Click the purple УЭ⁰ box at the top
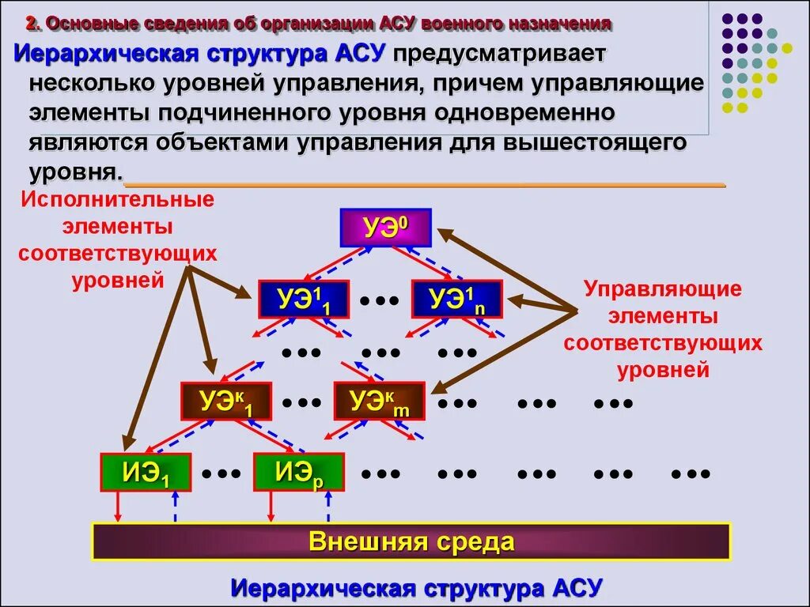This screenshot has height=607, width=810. click(385, 228)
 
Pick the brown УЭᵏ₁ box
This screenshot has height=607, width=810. click(226, 402)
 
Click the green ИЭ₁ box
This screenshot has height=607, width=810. click(146, 472)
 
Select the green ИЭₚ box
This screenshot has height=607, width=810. click(299, 472)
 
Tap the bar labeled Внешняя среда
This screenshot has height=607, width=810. click(411, 542)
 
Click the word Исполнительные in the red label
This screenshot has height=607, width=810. click(118, 198)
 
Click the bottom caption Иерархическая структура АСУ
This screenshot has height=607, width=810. click(417, 588)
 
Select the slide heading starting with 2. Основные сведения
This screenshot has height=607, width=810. click(318, 23)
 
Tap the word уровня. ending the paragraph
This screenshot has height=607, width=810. click(76, 172)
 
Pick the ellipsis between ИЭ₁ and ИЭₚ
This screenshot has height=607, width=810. click(221, 473)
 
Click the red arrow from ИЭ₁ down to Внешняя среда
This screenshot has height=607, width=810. click(119, 506)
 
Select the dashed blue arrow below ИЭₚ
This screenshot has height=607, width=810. click(328, 507)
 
